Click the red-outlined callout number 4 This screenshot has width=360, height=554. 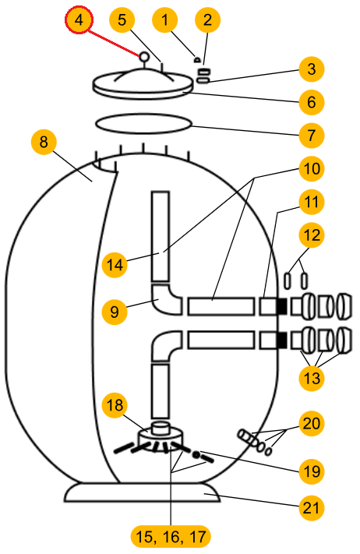[79, 19]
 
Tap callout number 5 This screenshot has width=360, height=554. [122, 19]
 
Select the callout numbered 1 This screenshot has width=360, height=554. [165, 19]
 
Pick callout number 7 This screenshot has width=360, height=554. [311, 136]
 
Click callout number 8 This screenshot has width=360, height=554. [44, 142]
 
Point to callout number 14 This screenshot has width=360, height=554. [115, 265]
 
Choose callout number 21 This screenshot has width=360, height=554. [311, 508]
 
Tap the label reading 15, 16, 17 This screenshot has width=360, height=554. [171, 537]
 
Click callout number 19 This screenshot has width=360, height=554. [311, 471]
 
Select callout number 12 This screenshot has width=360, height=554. [311, 235]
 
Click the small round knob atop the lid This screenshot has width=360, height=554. [144, 57]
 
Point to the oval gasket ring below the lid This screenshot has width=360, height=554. [143, 124]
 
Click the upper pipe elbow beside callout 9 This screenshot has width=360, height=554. [167, 299]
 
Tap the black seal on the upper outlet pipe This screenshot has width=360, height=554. [281, 306]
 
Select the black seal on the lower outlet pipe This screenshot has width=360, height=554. [281, 340]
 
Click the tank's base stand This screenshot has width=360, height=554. [142, 492]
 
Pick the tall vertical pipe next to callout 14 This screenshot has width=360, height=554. [161, 237]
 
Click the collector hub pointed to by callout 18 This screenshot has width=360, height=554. [161, 436]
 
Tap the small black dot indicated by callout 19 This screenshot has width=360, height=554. [195, 455]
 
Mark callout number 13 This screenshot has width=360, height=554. [311, 378]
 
